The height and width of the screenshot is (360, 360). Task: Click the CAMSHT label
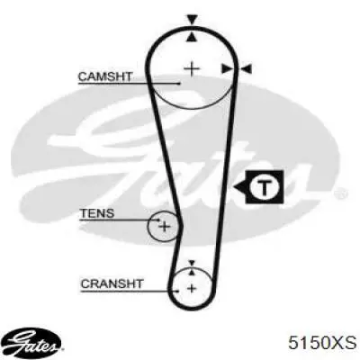click(x=105, y=76)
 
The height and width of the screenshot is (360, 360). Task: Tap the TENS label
click(x=97, y=213)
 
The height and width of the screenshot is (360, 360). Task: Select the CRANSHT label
click(x=112, y=283)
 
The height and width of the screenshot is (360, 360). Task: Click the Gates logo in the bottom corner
click(x=33, y=343)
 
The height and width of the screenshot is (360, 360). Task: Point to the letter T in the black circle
click(x=265, y=187)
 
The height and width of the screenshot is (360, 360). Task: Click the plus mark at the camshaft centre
click(x=192, y=69)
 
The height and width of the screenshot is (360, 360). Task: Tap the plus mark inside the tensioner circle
click(x=165, y=226)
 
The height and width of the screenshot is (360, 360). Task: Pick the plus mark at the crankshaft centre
click(x=192, y=289)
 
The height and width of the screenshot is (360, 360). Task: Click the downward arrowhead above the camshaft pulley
click(x=192, y=20)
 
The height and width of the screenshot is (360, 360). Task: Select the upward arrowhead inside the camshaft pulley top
click(x=192, y=37)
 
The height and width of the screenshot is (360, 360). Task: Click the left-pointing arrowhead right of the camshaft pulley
click(x=247, y=69)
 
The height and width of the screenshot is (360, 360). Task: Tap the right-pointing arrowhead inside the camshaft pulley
click(x=227, y=69)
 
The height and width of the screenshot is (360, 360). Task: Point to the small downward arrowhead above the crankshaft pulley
click(x=192, y=263)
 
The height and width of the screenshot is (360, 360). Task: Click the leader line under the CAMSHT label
click(x=130, y=84)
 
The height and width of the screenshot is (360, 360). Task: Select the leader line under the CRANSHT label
click(x=130, y=291)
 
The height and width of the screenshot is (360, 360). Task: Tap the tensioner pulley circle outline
click(x=148, y=226)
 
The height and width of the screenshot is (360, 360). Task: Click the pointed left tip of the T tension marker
click(x=234, y=188)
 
